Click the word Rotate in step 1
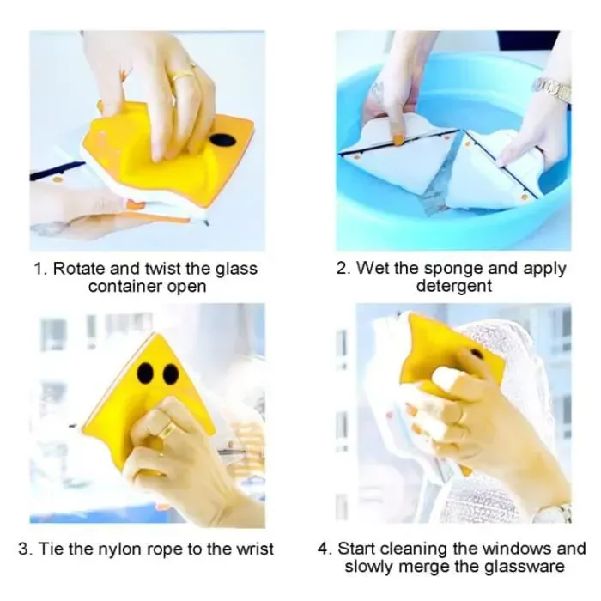pos(79,268)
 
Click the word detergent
pos(454,286)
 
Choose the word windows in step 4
pos(516,549)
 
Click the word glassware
pos(525,568)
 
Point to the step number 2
pos(343,268)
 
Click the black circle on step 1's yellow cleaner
pos(222,140)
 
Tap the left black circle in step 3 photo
pos(145,373)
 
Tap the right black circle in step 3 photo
pos(171,374)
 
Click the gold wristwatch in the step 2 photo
pos(553,90)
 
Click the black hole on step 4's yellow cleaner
pos(476,354)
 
